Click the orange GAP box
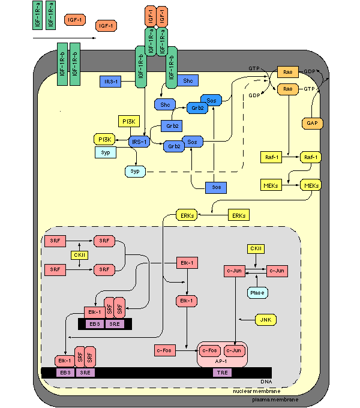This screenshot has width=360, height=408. (311, 123)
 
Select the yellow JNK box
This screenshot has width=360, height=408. (265, 320)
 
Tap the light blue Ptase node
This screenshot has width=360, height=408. (257, 292)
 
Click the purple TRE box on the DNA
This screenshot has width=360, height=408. (221, 373)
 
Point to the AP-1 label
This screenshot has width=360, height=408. (223, 362)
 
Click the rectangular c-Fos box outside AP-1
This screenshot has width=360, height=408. (164, 350)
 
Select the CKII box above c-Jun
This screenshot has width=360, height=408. (256, 248)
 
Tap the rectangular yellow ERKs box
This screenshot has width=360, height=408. (238, 215)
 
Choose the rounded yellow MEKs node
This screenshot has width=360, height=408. (311, 185)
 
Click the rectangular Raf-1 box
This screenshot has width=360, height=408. (272, 157)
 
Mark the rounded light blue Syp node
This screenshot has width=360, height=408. (136, 171)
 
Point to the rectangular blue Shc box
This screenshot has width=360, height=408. (188, 80)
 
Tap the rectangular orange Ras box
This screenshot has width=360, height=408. (288, 72)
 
